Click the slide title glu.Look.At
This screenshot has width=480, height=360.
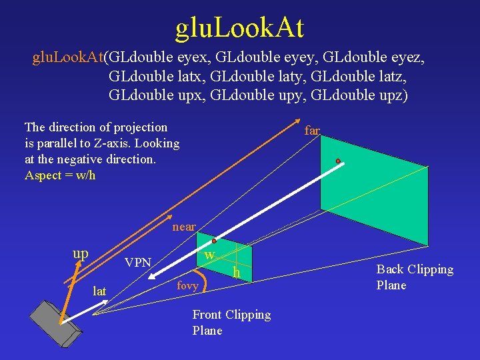pyautogui.click(x=239, y=28)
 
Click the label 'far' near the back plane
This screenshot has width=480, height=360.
pyautogui.click(x=312, y=131)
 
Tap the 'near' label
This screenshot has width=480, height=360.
pyautogui.click(x=184, y=227)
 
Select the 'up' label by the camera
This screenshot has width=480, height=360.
pyautogui.click(x=80, y=254)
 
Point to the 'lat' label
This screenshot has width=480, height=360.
pyautogui.click(x=99, y=291)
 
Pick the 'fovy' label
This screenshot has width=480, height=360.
pyautogui.click(x=187, y=285)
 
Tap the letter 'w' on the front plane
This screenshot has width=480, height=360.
pyautogui.click(x=209, y=255)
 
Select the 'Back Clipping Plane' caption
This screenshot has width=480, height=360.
pyautogui.click(x=414, y=277)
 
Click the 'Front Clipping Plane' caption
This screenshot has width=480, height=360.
pyautogui.click(x=231, y=323)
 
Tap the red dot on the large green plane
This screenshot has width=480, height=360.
pyautogui.click(x=338, y=161)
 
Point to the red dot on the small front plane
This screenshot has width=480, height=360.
pyautogui.click(x=214, y=241)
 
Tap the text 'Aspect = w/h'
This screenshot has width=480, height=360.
pyautogui.click(x=60, y=175)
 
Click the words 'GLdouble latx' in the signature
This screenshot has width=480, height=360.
pyautogui.click(x=155, y=76)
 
